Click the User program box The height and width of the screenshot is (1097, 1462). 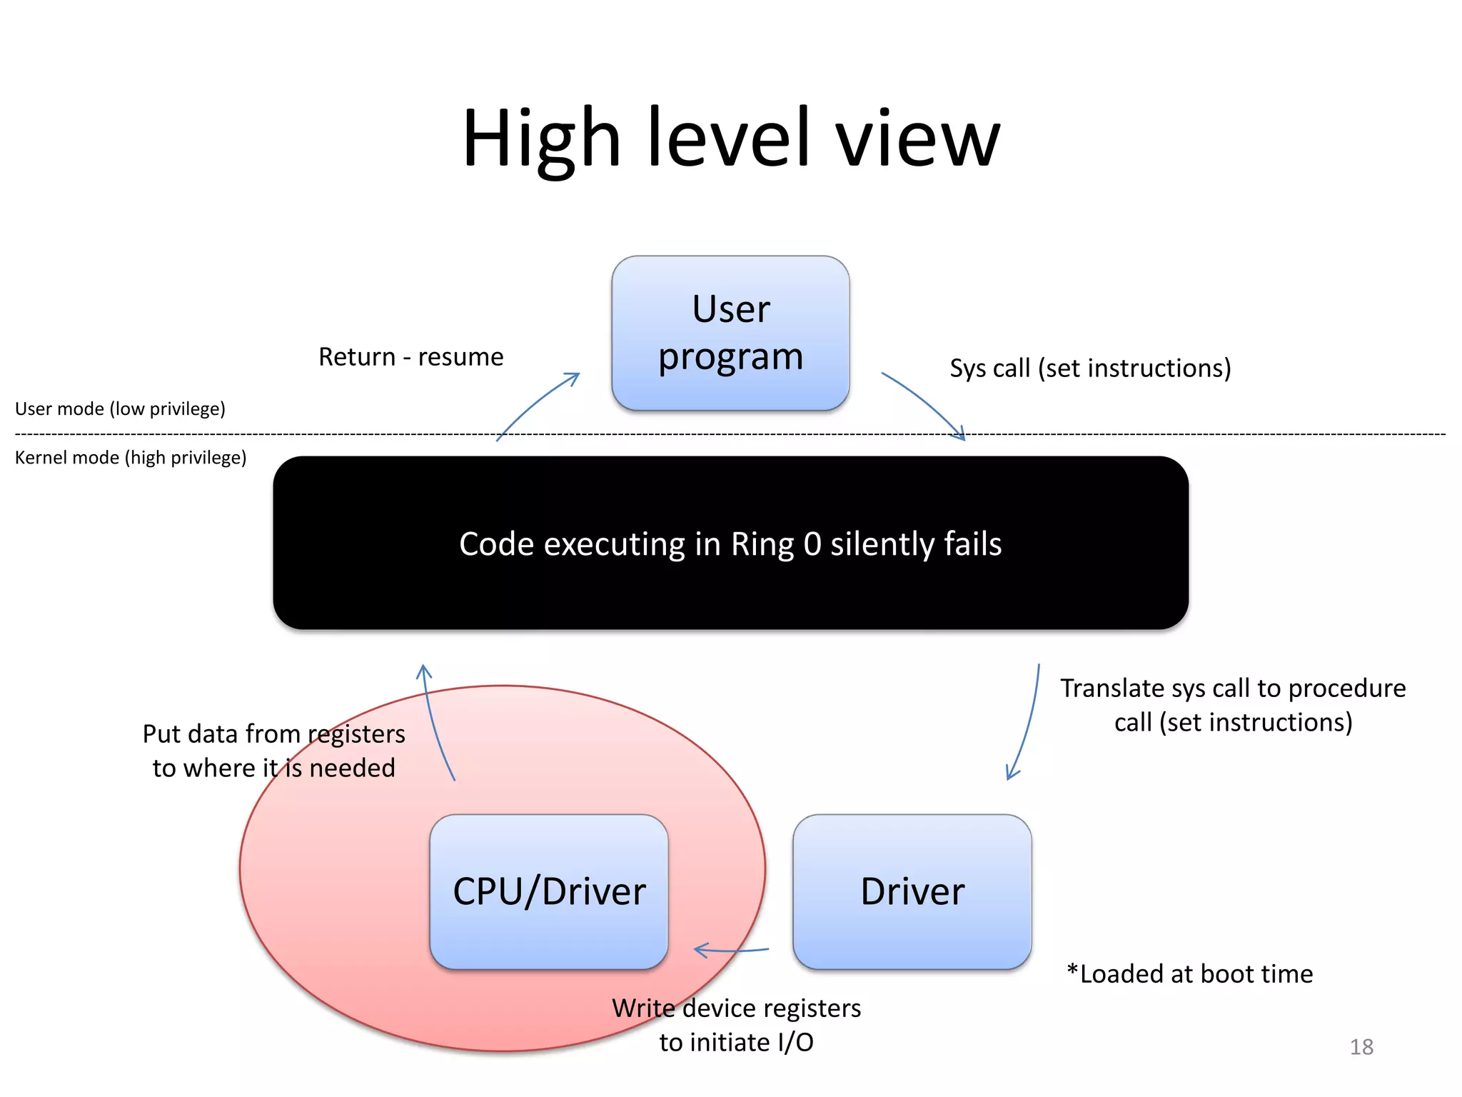coord(730,333)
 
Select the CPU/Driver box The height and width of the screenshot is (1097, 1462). coord(548,891)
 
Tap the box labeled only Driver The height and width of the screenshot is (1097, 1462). coord(912,891)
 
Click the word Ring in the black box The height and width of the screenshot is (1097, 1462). coord(762,545)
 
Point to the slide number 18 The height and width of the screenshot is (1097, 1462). coord(1361,1047)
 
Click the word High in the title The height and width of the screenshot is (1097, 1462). coord(541,139)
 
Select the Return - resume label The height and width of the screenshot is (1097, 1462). coord(410,356)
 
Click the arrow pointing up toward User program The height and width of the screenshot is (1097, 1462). coord(537,404)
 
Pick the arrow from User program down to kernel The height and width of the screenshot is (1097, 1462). coord(925,403)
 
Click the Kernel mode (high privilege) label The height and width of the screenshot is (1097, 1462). coord(131,458)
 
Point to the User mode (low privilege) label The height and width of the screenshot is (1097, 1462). coord(120,409)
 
